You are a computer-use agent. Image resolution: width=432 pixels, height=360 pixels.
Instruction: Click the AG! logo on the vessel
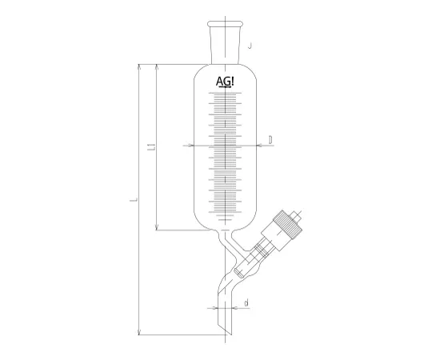(x=226, y=82)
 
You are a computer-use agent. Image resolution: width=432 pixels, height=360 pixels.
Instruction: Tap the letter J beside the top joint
(x=250, y=46)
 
